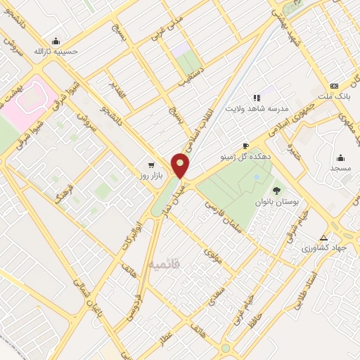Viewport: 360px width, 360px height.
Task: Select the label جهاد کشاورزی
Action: click(324, 249)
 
